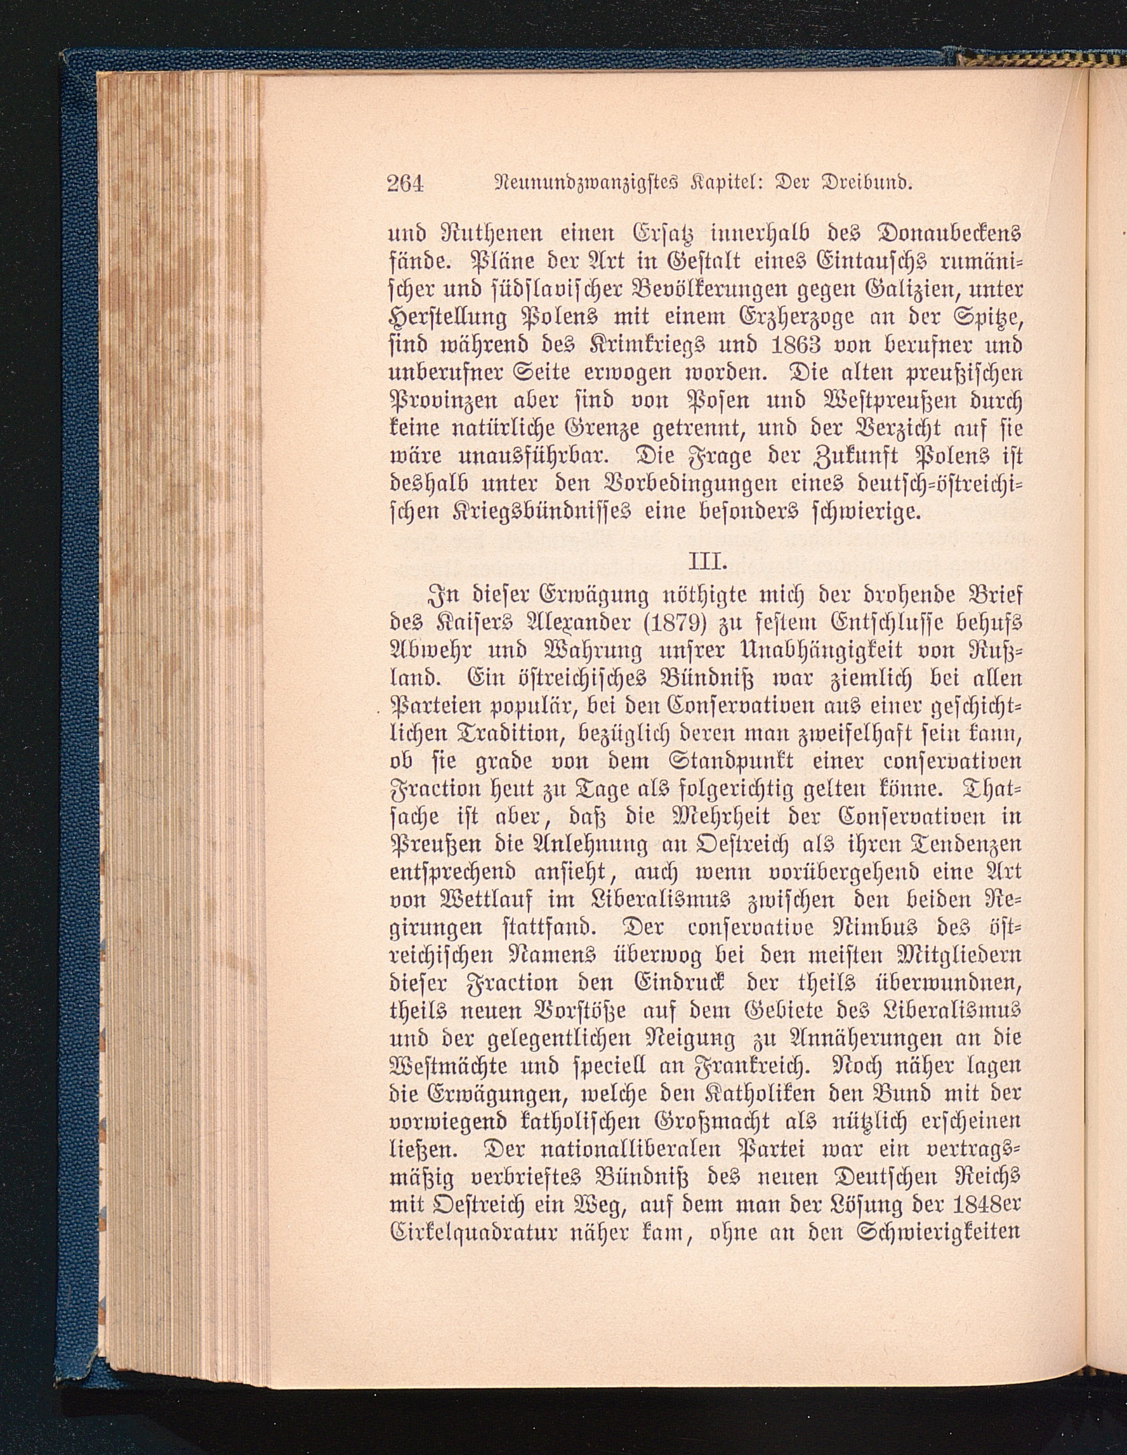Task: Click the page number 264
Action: pyautogui.click(x=405, y=183)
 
